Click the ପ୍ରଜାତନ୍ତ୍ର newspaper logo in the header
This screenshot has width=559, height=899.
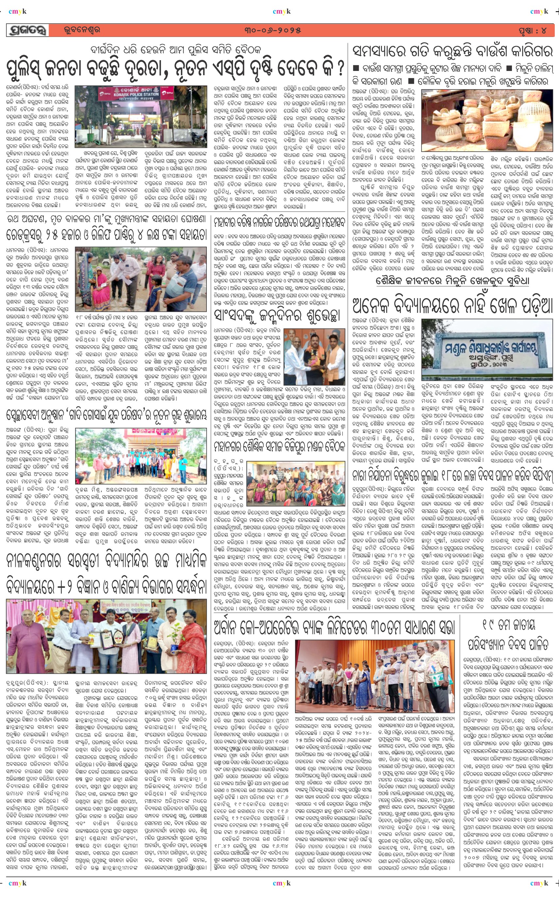pos(28,30)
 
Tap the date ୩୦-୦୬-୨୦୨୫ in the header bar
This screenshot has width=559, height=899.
pos(272,30)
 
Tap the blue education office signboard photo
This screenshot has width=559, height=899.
pos(487,349)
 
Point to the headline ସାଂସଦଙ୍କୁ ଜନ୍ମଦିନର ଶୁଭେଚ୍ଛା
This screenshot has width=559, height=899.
pos(276,315)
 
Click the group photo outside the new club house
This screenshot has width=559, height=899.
pos(141,456)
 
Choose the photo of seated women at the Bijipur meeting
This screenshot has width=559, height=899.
pos(296,483)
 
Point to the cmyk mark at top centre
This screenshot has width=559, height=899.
pos(281,11)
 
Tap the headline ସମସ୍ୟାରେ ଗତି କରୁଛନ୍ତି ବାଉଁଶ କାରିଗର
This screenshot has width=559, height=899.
pos(452,51)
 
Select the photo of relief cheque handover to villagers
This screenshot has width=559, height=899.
pos(141,279)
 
